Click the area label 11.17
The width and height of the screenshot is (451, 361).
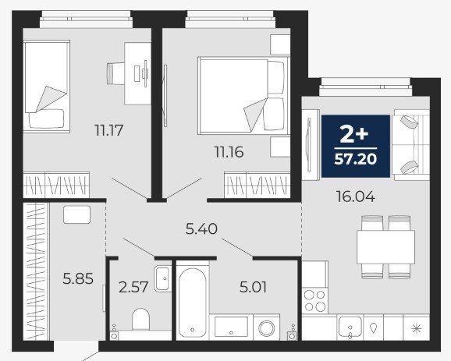(108, 130)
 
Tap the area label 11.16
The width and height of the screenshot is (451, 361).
(229, 152)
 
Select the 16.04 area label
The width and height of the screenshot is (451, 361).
(356, 197)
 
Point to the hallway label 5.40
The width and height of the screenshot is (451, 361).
(201, 229)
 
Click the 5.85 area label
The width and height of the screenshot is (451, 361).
(78, 279)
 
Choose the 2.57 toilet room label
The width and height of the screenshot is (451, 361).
(133, 287)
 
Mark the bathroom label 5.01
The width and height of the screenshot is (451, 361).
(253, 287)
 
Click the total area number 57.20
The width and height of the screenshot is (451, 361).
(356, 158)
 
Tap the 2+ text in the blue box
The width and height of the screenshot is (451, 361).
(354, 135)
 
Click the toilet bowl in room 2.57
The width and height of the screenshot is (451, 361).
(141, 320)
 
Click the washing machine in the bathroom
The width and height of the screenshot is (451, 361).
(266, 327)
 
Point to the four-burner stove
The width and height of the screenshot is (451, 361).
(315, 301)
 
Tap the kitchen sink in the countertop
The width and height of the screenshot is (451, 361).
(350, 327)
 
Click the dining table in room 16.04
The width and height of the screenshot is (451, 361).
(385, 247)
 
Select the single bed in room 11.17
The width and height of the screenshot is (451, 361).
(47, 87)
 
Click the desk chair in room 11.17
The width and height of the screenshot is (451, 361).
(115, 73)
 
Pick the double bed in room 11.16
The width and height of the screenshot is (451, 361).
(243, 96)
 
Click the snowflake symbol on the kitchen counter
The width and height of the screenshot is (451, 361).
(417, 328)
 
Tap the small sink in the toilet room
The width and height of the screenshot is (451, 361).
(163, 278)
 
